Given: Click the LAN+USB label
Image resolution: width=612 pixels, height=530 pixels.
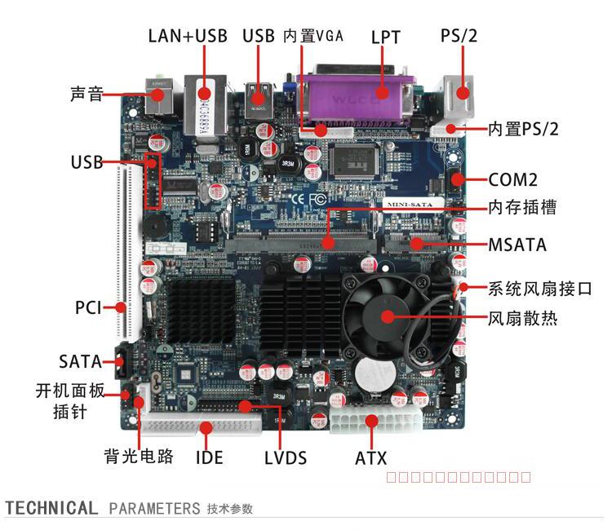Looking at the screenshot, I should tap(188, 36).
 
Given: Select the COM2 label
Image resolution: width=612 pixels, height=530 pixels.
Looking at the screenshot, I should tap(513, 179).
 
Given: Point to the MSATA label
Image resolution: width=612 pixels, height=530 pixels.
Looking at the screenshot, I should tap(517, 245).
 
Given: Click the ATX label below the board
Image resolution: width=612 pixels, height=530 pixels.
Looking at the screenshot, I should tap(370, 458).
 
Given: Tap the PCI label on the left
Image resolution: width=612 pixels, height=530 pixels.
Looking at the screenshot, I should tap(88, 307).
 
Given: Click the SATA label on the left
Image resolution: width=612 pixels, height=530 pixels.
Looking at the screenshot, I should tap(80, 361).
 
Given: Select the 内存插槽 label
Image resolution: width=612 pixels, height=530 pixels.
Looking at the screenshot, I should tap(522, 208).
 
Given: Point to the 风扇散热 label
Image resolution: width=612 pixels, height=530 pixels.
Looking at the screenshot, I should tap(522, 318).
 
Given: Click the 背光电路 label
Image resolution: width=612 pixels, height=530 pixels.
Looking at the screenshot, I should tap(139, 457).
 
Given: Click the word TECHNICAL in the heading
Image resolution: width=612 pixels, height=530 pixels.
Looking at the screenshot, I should tap(51, 509).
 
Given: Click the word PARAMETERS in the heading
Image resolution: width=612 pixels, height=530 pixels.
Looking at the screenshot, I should tap(154, 509).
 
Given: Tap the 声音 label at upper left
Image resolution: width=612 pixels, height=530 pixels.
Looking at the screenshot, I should tap(86, 95).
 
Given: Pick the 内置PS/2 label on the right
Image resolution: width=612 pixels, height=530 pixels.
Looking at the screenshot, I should tap(523, 129).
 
